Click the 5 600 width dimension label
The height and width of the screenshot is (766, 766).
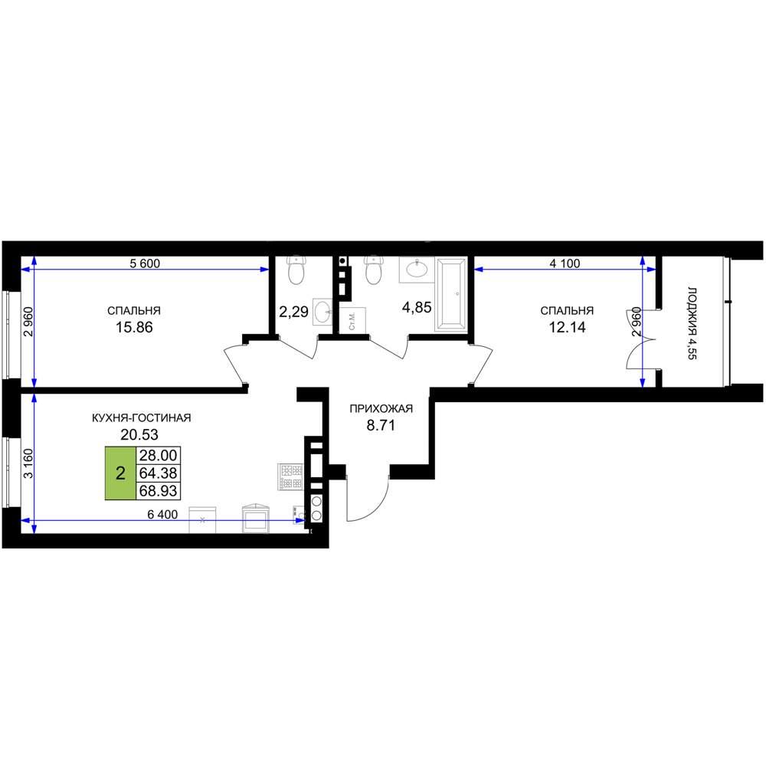tap(145, 264)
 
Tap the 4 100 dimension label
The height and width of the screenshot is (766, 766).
tap(565, 264)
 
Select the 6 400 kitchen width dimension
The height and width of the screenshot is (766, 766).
tap(162, 515)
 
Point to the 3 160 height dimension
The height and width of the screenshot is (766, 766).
tap(29, 463)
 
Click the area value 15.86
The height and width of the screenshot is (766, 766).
tap(134, 327)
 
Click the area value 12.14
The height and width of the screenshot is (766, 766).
tap(567, 327)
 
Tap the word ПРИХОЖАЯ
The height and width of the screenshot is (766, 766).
tap(381, 408)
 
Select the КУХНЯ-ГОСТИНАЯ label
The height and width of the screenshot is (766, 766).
tap(141, 417)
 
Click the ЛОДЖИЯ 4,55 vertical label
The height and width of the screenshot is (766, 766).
tap(692, 323)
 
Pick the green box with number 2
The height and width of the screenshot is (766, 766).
tap(120, 473)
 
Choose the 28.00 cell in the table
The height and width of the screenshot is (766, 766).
tap(159, 455)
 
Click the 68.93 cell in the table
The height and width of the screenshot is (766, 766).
tap(159, 490)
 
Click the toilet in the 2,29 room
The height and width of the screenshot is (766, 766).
tap(296, 270)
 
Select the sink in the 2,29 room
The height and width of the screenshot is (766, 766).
tap(322, 312)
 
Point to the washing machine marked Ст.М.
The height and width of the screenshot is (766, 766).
tap(352, 319)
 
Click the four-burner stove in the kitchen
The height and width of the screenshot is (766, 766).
tap(290, 476)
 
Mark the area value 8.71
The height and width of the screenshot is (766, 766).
tap(381, 425)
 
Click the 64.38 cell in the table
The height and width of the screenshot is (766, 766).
tap(159, 473)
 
